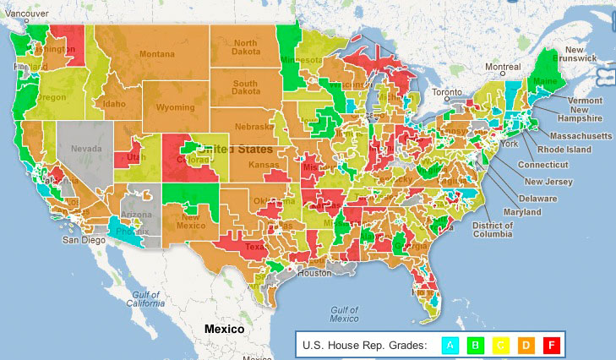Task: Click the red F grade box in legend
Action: tap(550, 345)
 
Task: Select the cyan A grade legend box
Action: tap(451, 345)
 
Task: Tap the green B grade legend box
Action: tap(476, 345)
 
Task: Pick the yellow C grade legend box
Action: tap(500, 345)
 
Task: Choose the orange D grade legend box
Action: tap(526, 345)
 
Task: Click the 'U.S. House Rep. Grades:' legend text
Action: tap(364, 345)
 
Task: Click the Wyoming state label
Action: tap(175, 108)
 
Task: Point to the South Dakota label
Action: tap(245, 89)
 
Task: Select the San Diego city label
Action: tap(82, 240)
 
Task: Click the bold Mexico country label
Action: tap(219, 328)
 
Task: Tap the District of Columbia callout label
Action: tap(493, 230)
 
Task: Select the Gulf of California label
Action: tap(145, 297)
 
